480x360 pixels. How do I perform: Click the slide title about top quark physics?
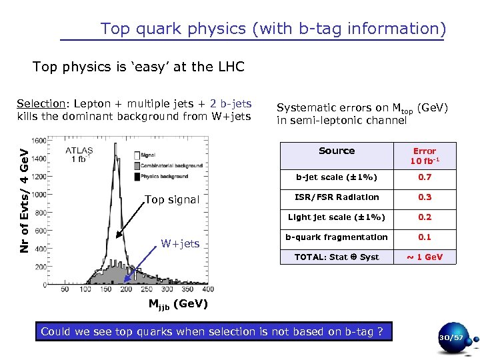click(273, 29)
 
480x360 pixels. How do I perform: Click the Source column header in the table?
click(337, 151)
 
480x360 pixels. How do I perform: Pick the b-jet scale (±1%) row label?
click(337, 177)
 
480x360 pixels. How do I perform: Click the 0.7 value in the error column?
click(425, 177)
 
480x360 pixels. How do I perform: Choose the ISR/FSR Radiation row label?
click(337, 197)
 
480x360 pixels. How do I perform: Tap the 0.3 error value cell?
click(425, 197)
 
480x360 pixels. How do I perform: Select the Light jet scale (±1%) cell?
click(337, 217)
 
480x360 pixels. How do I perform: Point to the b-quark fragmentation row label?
click(337, 237)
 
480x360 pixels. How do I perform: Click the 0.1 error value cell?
click(425, 237)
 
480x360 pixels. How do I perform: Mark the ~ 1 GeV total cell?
click(425, 257)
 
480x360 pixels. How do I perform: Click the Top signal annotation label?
click(172, 200)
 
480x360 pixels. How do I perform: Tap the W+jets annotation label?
click(180, 243)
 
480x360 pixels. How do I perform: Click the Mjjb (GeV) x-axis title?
click(178, 305)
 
